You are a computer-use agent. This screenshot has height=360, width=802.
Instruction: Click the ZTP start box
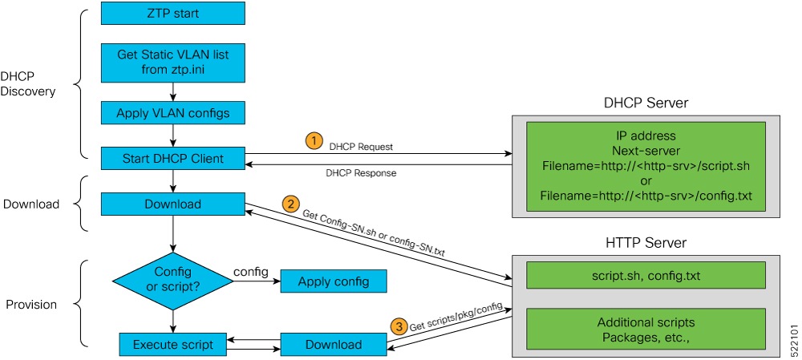point(172,13)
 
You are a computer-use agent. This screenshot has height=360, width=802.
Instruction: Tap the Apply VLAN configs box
point(172,113)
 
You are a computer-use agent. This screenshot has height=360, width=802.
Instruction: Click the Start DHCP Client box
point(172,158)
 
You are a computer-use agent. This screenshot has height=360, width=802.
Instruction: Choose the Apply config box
point(333,281)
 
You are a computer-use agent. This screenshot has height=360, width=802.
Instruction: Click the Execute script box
point(172,345)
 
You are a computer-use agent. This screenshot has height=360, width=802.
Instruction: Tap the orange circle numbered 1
point(314,140)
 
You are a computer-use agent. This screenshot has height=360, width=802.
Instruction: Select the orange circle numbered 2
point(291,203)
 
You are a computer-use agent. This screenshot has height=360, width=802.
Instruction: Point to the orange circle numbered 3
point(399,326)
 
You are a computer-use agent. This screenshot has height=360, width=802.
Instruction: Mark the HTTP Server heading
point(646,241)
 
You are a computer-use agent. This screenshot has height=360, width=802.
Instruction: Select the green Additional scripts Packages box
point(646,329)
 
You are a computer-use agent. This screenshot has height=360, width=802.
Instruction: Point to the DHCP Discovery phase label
point(28,83)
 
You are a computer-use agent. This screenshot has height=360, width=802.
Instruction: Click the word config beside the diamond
point(250,272)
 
